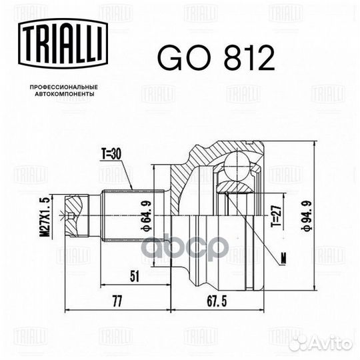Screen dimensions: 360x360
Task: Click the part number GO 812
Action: pos(215,60)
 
